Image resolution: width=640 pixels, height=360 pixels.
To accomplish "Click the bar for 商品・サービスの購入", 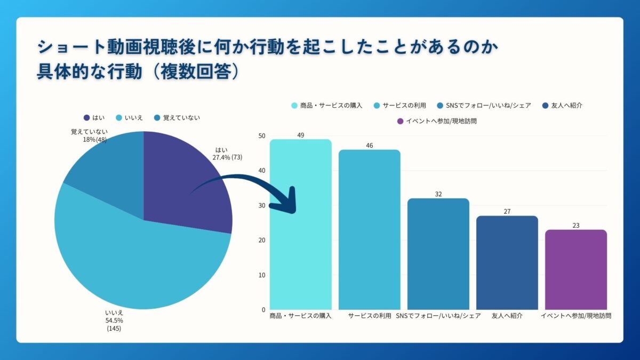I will pos(301,224).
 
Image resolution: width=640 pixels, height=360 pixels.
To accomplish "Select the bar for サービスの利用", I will pos(370,229).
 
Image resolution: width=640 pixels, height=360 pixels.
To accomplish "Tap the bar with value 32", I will pos(438,254).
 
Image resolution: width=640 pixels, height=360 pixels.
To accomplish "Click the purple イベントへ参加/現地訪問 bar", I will pos(576,269).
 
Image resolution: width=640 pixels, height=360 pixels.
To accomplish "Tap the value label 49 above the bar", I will pos(301,135).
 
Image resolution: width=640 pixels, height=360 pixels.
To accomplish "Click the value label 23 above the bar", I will pos(576,226).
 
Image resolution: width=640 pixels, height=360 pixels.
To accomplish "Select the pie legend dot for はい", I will pos(86,118).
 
